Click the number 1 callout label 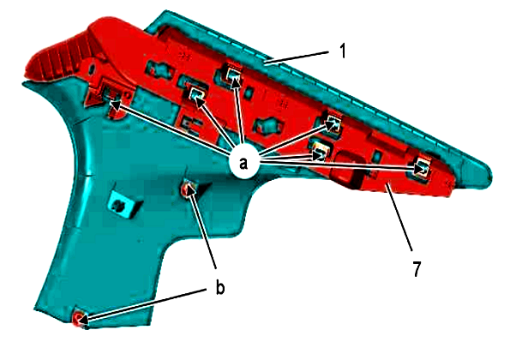click(x=343, y=51)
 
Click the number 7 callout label click(x=417, y=268)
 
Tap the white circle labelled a click(x=243, y=163)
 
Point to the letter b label click(x=220, y=287)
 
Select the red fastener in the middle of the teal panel click(x=188, y=189)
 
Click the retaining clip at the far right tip click(x=423, y=167)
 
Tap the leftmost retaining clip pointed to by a click(x=111, y=96)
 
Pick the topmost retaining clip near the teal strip click(x=233, y=75)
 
